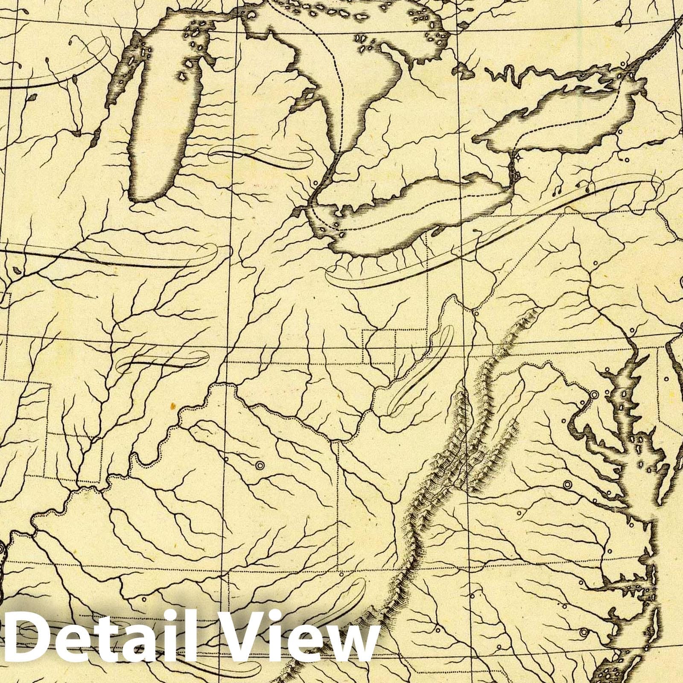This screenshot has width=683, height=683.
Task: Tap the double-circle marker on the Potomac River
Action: tap(593, 394)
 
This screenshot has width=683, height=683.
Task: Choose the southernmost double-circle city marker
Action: tap(567, 485)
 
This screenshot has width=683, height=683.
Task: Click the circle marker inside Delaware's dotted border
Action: tap(667, 378)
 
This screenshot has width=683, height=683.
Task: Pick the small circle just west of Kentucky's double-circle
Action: tap(227, 458)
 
